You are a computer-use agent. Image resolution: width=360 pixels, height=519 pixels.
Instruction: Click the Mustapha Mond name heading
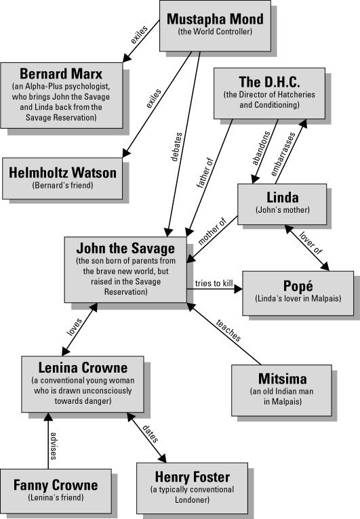(215, 19)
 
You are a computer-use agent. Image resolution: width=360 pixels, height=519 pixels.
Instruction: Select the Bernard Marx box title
(61, 74)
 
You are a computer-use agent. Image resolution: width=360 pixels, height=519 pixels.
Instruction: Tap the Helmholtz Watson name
(62, 173)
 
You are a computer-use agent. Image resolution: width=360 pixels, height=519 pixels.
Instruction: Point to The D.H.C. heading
(269, 82)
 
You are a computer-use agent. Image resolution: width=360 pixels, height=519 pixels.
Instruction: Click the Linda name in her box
(283, 197)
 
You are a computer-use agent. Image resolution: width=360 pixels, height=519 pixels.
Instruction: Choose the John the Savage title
(125, 248)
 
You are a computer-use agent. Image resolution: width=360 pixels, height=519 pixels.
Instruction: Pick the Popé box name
(298, 286)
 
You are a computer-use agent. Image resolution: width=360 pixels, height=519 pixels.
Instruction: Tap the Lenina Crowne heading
(83, 368)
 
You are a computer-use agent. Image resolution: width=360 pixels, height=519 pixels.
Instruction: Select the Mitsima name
(283, 379)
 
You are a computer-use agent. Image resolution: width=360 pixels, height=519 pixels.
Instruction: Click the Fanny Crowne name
(56, 485)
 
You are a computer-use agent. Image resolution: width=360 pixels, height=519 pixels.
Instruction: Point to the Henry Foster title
(193, 477)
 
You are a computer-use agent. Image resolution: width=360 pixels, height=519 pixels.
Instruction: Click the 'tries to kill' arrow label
(214, 283)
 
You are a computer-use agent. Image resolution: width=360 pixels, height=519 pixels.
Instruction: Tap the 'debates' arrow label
(176, 147)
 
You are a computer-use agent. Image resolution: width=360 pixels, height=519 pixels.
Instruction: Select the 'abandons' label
(261, 148)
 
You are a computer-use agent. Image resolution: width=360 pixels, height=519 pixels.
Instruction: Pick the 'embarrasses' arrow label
(283, 154)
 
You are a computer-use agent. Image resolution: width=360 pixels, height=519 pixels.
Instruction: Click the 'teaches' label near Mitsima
(228, 331)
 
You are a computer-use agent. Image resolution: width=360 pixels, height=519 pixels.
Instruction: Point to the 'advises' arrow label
(54, 446)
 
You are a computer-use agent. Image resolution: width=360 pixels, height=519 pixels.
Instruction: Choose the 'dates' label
(151, 434)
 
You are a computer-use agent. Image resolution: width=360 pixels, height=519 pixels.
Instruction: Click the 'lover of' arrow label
(311, 243)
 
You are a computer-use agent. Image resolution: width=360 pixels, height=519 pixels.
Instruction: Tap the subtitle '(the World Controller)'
(215, 32)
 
